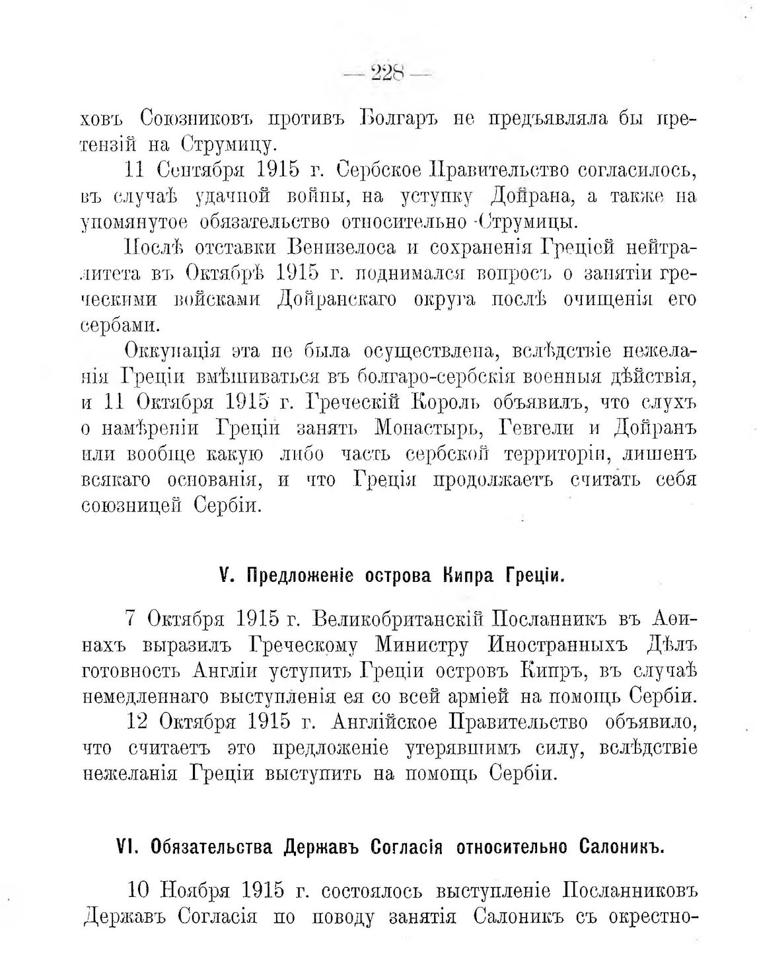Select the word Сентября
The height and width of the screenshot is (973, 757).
[202, 170]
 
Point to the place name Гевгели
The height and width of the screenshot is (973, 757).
[534, 428]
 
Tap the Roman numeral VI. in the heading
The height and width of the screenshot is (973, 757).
[125, 847]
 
